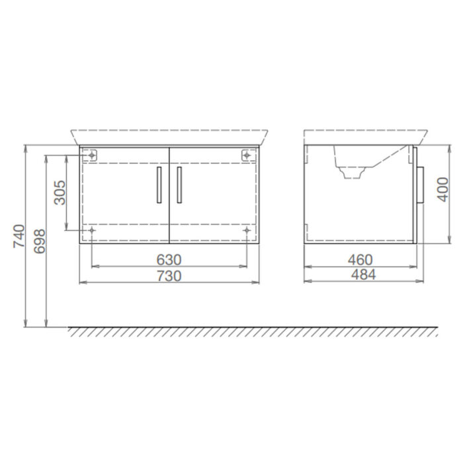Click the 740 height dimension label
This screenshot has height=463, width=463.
point(19,236)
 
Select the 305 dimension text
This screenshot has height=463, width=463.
point(60,192)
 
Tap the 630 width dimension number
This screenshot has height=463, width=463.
point(169,259)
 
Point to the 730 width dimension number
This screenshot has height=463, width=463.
point(169,275)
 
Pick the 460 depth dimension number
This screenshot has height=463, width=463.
point(360,259)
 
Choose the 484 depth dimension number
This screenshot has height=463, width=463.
point(360,275)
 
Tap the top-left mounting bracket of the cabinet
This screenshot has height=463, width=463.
point(92,155)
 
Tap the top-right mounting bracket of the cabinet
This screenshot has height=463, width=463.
point(247,155)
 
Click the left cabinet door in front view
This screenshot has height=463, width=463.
point(124,195)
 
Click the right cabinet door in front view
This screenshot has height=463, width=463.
point(214,195)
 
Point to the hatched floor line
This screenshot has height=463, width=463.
point(251,331)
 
